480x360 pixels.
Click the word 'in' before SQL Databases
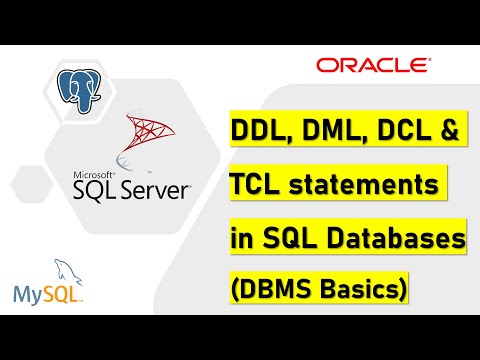click(242, 239)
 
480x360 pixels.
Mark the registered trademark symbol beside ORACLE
click(428, 60)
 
